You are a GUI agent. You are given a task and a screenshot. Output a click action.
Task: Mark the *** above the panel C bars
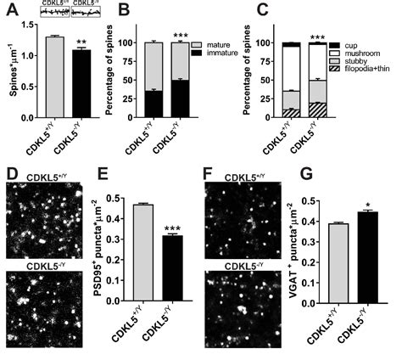[x=318, y=37]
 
